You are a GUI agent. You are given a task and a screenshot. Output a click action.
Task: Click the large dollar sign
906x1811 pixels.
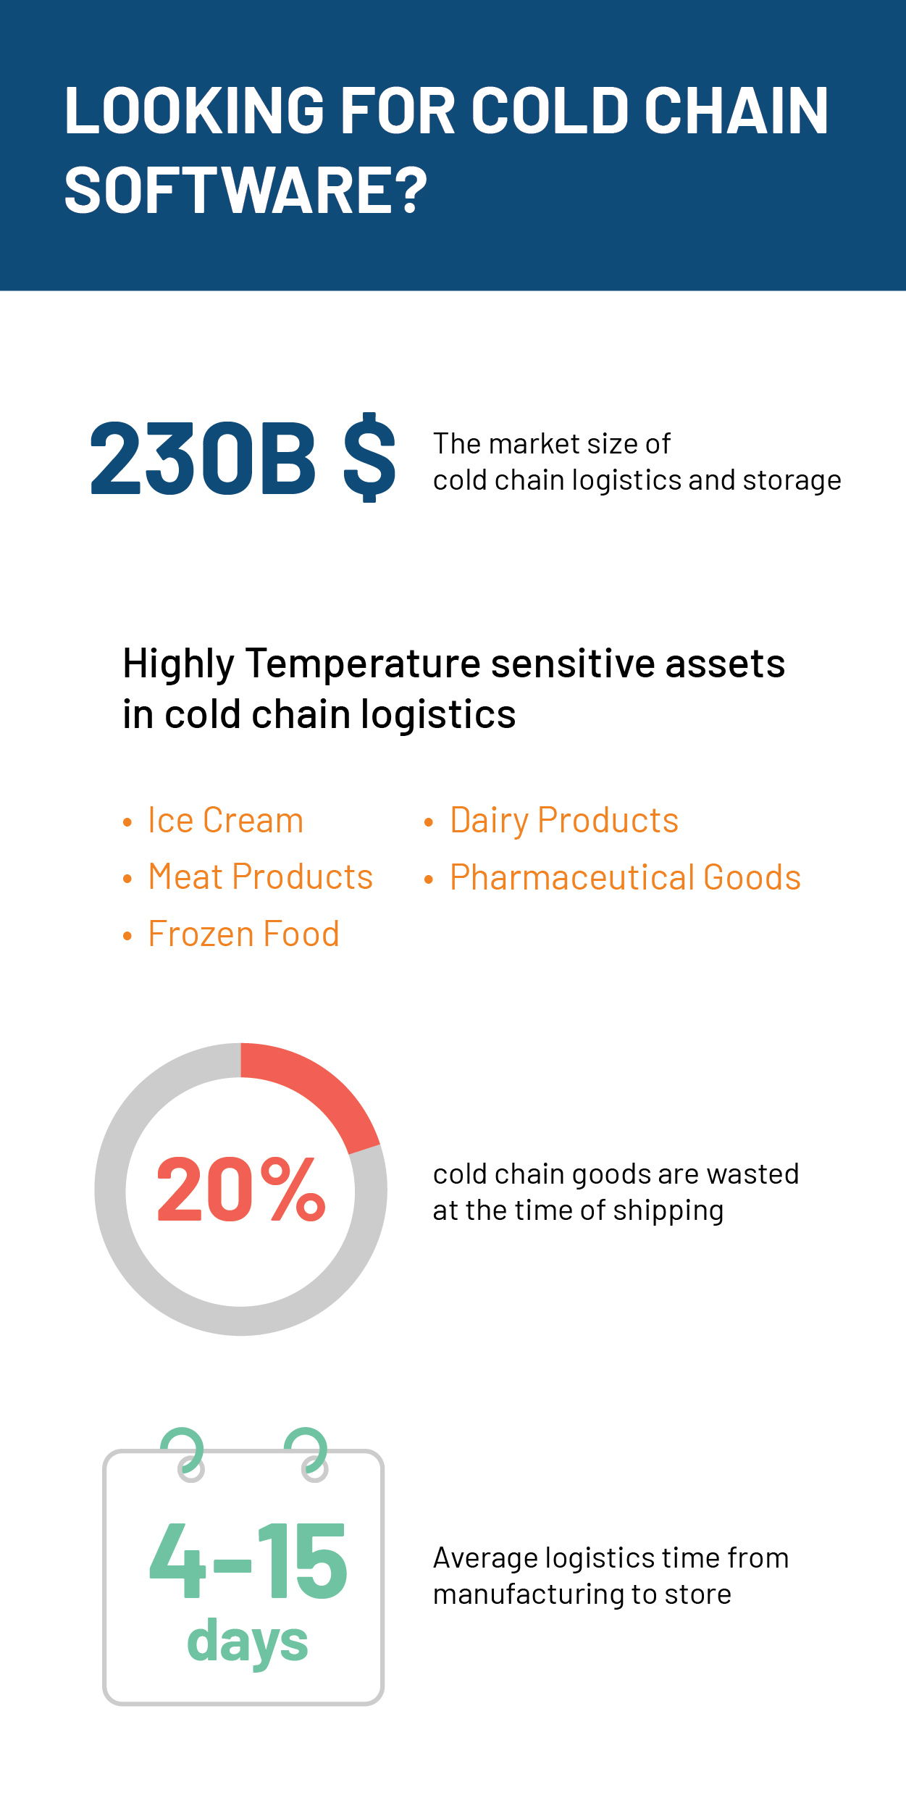tap(369, 457)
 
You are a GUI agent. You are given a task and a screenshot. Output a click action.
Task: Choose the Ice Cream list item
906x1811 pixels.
tap(225, 821)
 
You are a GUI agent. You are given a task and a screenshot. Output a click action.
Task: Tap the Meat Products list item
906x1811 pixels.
tap(260, 877)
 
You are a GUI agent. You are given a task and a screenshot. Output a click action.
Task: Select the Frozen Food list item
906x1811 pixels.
tap(243, 934)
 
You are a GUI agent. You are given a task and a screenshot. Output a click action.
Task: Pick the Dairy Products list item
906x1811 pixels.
tap(564, 821)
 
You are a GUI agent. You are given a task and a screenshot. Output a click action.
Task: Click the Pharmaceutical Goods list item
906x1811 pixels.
tap(625, 877)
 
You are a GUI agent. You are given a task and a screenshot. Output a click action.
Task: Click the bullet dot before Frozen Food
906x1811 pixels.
tap(127, 936)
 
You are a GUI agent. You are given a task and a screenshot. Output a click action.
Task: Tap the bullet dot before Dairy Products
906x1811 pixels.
tap(429, 822)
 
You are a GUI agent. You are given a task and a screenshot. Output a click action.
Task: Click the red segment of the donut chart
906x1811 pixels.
tap(319, 1086)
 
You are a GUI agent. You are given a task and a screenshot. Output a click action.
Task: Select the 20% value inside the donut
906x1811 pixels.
tap(240, 1189)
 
